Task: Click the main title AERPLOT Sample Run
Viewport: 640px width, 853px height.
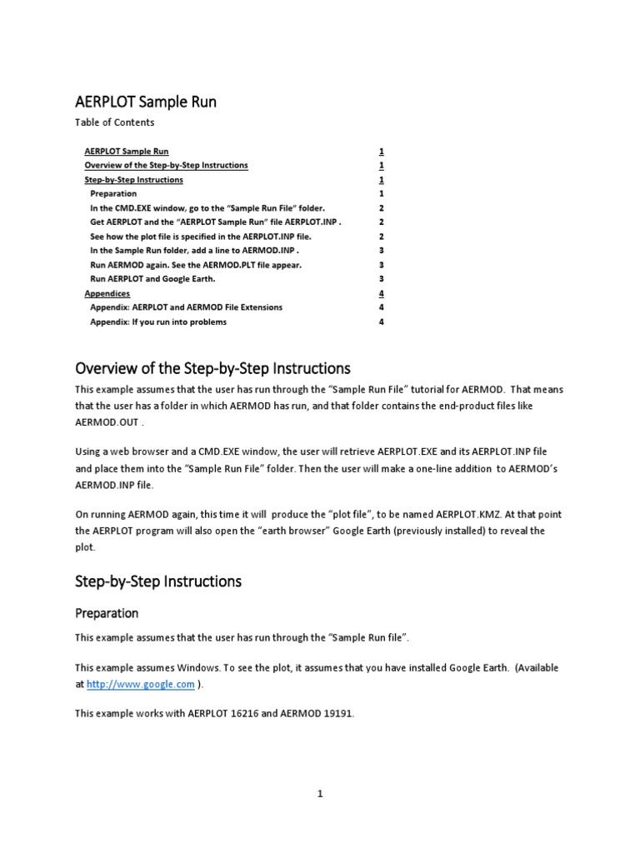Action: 146,102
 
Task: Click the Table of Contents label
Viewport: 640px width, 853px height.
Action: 114,122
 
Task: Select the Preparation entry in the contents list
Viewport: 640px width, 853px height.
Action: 113,194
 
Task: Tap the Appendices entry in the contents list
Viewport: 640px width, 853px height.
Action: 107,294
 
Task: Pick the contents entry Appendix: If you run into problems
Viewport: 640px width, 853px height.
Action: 158,322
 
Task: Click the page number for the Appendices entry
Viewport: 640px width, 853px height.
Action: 381,294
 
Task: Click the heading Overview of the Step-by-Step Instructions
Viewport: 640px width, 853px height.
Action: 212,368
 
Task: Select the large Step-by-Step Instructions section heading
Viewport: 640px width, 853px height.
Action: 158,581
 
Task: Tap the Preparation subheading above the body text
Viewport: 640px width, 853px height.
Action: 107,613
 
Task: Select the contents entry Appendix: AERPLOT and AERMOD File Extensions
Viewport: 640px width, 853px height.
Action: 186,307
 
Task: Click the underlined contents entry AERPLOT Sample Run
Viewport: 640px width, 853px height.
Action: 127,152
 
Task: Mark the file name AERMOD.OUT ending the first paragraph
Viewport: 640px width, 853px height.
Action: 113,422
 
